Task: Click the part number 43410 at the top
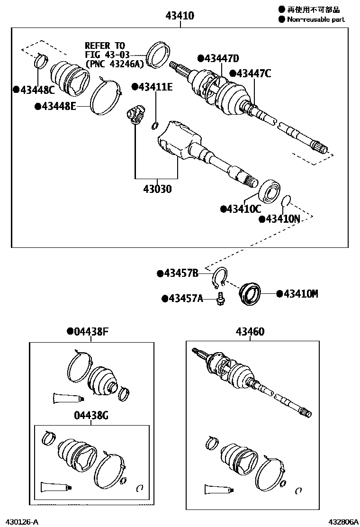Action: [x=180, y=16]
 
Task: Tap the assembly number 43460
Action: [x=250, y=331]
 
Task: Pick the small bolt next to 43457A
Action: [x=220, y=299]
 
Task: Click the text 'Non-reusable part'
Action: [x=315, y=19]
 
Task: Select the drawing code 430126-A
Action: [x=18, y=521]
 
